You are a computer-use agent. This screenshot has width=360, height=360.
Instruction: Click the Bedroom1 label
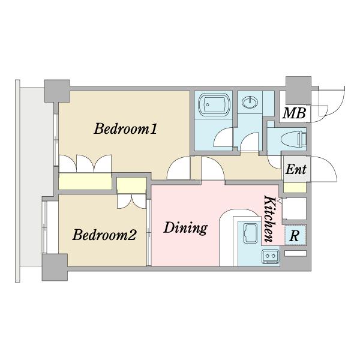(125, 129)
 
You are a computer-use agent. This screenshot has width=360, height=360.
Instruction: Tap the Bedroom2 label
(104, 235)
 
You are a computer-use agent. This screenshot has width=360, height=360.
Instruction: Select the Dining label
(185, 228)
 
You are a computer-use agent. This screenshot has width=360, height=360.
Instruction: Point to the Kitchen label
(269, 218)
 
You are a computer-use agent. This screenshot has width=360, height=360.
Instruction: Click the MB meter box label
(295, 113)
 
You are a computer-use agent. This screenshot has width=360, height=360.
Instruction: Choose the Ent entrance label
(296, 169)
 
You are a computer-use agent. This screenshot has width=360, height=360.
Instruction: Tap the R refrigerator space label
(295, 236)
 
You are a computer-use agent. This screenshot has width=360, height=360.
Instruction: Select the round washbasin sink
(250, 102)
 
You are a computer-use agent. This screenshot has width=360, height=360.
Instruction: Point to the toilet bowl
(293, 139)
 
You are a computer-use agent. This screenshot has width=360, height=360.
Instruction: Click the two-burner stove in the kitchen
(270, 256)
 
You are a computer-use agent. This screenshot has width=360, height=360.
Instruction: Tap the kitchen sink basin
(250, 233)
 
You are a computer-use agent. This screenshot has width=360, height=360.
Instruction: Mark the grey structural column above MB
(298, 91)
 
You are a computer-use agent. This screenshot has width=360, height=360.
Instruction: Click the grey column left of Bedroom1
(57, 91)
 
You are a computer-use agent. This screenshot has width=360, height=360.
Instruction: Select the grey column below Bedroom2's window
(55, 267)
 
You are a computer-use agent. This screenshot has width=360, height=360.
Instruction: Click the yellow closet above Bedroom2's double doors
(131, 185)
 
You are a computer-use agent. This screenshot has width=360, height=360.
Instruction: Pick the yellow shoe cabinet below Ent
(295, 188)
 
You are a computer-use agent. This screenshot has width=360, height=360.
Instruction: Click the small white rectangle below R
(295, 253)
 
